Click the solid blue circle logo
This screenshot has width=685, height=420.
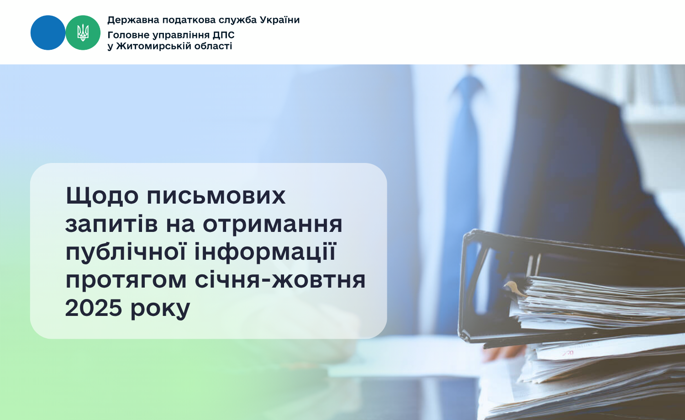pyautogui.click(x=48, y=33)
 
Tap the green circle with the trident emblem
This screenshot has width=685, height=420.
pyautogui.click(x=83, y=33)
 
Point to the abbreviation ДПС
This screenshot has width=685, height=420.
pyautogui.click(x=224, y=35)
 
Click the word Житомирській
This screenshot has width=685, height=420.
pyautogui.click(x=148, y=46)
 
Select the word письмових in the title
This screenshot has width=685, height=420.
pyautogui.click(x=216, y=196)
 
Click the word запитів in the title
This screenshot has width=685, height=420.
pyautogui.click(x=111, y=224)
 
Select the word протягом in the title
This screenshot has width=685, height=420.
pyautogui.click(x=126, y=281)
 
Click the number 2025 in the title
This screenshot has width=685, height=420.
pyautogui.click(x=94, y=308)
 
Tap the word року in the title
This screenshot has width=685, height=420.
pyautogui.click(x=160, y=310)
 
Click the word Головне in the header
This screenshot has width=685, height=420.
pyautogui.click(x=128, y=35)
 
